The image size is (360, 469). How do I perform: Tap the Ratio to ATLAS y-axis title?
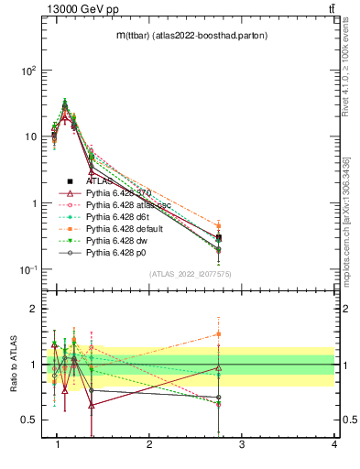click(12, 364)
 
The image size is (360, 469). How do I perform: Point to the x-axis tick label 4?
click(333, 445)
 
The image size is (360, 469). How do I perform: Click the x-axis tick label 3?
click(241, 445)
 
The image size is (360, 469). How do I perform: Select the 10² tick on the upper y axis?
click(29, 70)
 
